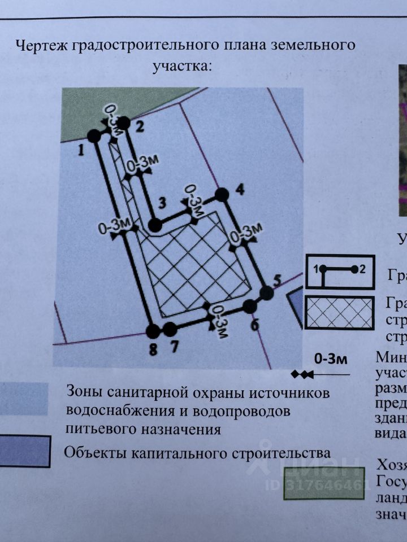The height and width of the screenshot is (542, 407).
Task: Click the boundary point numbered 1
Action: (x=94, y=135)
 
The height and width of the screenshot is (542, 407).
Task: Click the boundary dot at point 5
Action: (x=267, y=293)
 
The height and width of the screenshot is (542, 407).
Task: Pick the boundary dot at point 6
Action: (x=250, y=307)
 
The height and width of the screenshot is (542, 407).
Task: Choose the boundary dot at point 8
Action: (x=152, y=331)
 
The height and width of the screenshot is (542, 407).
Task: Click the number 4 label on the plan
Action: (x=240, y=189)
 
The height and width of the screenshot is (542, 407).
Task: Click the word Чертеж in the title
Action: (x=41, y=45)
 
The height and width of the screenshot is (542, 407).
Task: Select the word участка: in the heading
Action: (x=182, y=66)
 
